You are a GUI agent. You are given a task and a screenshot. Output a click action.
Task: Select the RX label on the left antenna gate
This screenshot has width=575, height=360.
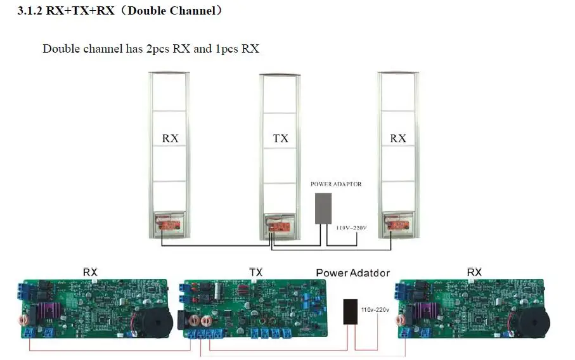(x=170, y=138)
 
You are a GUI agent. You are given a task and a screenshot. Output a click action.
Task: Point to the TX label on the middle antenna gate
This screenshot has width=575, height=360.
(x=280, y=138)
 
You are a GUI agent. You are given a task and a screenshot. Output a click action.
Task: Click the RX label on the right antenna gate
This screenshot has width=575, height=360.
(x=397, y=138)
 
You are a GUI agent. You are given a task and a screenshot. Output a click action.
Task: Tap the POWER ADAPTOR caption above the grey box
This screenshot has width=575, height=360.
(x=336, y=184)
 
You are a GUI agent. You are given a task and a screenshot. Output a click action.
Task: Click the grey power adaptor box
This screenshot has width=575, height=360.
(x=323, y=208)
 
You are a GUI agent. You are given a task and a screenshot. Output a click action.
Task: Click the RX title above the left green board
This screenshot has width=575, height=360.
(x=91, y=272)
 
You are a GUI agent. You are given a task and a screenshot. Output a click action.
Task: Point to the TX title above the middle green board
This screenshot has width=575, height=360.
(x=255, y=273)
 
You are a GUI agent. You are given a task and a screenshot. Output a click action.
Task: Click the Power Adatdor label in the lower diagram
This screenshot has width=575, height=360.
(x=352, y=273)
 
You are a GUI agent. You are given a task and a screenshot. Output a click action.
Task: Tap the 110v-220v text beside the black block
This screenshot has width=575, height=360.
(x=374, y=310)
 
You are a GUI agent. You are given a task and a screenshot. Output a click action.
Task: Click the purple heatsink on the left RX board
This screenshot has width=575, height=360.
(x=51, y=312)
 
